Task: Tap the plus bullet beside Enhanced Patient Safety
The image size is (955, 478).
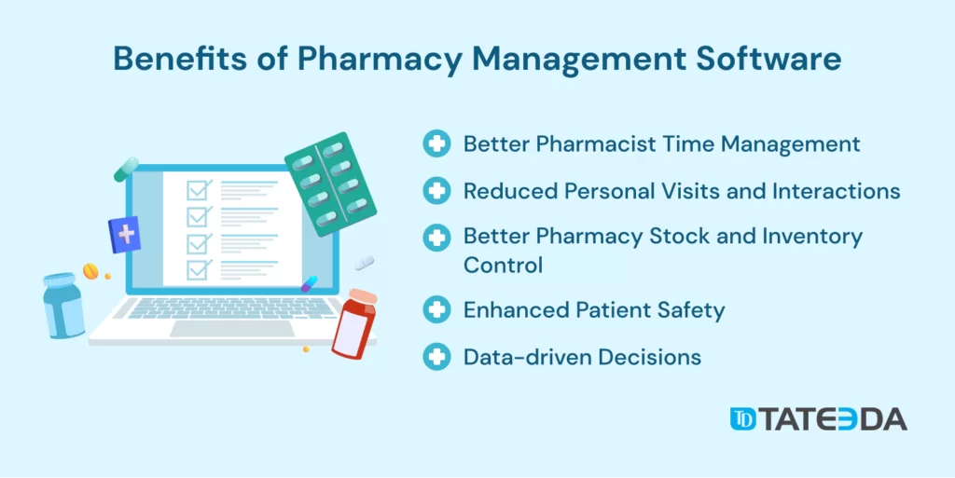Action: tap(436, 310)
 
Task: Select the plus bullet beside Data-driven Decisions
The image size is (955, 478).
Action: tap(436, 356)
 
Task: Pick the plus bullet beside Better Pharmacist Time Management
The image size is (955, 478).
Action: tap(436, 144)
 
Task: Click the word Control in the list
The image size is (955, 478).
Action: tap(503, 266)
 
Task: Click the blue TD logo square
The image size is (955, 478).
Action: tap(743, 419)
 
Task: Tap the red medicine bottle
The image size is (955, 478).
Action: tap(353, 323)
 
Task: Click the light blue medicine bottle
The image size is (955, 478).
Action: tap(63, 305)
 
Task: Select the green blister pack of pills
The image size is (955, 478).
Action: tap(331, 184)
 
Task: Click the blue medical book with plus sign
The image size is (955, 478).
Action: tap(124, 235)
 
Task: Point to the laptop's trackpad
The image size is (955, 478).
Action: tap(232, 328)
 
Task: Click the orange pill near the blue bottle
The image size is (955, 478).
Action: tap(90, 270)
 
